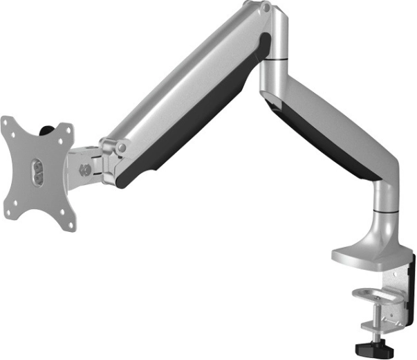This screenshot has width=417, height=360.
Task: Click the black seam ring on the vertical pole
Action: pos(386,206)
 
